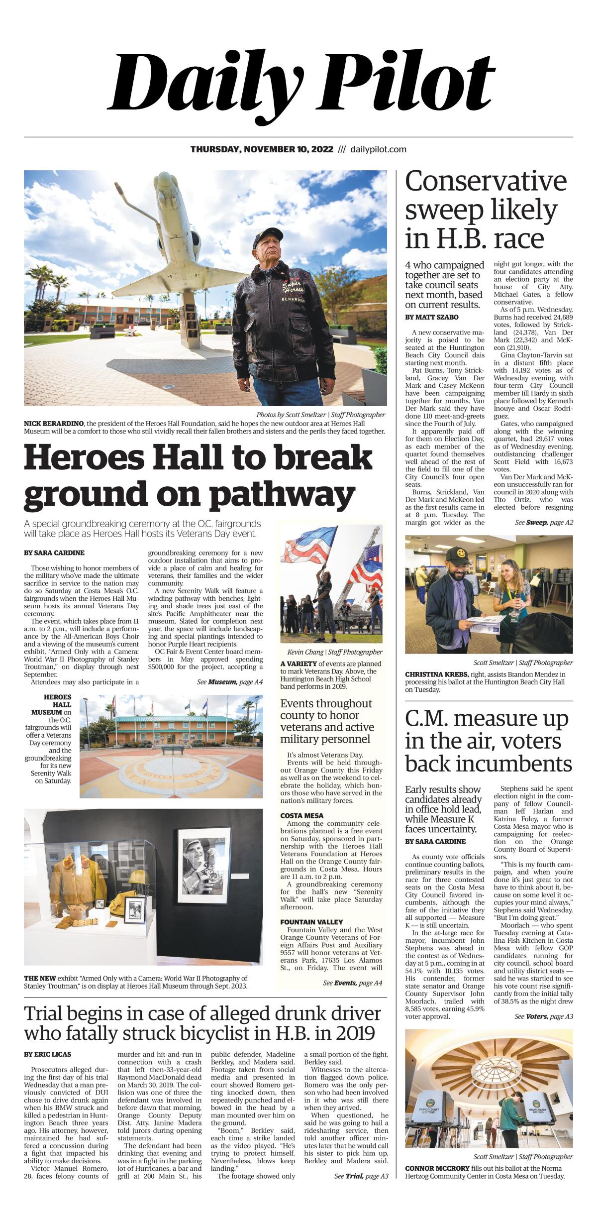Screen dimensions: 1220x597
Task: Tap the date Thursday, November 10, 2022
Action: coord(262,149)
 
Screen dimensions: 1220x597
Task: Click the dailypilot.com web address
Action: coord(378,149)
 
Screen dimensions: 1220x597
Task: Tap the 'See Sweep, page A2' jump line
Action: coord(543,523)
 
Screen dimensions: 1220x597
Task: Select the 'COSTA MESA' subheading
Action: coord(301,816)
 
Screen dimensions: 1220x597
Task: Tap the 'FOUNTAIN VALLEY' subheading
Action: coord(311,922)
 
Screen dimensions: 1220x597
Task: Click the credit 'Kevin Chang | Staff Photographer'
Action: coord(334,652)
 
